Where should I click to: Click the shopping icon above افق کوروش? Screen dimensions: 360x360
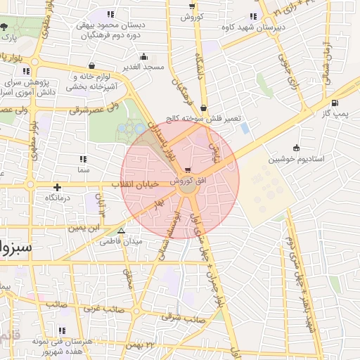(187, 171)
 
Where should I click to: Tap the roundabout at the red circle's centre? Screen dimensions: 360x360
(187, 186)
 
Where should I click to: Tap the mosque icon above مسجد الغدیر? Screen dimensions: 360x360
(145, 57)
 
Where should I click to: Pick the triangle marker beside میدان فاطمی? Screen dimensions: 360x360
(122, 231)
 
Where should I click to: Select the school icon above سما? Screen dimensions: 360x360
(84, 160)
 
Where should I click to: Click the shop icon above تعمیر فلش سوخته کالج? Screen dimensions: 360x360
(204, 108)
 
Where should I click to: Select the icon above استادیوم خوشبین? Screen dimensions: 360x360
(296, 148)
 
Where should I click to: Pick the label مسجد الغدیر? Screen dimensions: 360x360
(144, 67)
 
